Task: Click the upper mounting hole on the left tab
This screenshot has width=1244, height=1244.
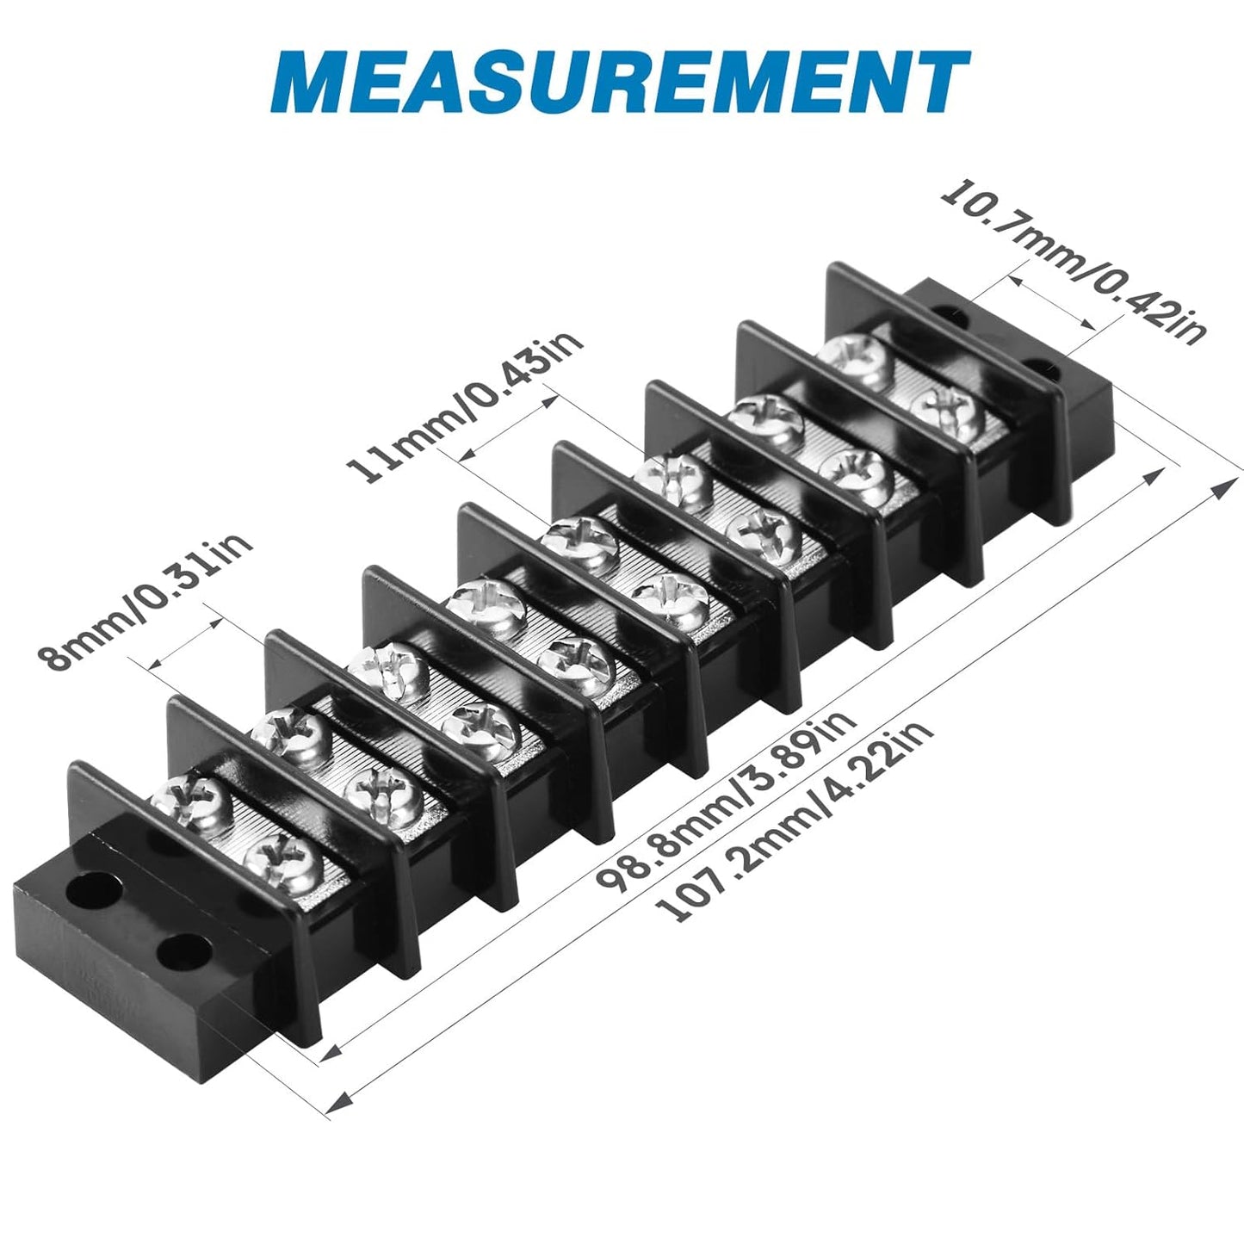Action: [98, 890]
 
